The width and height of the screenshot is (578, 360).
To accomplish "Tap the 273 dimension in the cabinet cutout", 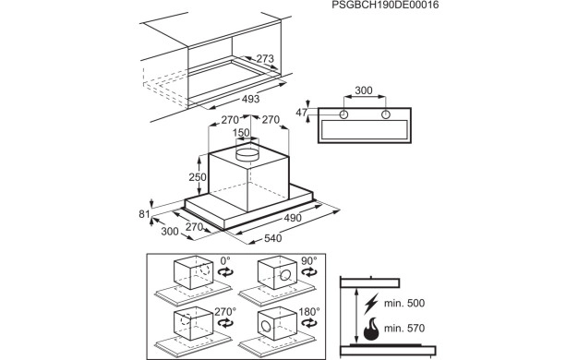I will (x=265, y=59).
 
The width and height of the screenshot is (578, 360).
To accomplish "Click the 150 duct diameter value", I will (x=240, y=133).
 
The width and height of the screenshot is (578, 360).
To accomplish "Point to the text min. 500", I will (x=403, y=304).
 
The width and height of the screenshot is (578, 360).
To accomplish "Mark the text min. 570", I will (x=403, y=329).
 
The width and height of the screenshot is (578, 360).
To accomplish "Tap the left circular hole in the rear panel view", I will (x=343, y=115).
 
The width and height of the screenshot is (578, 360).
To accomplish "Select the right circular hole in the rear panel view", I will (x=385, y=115).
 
